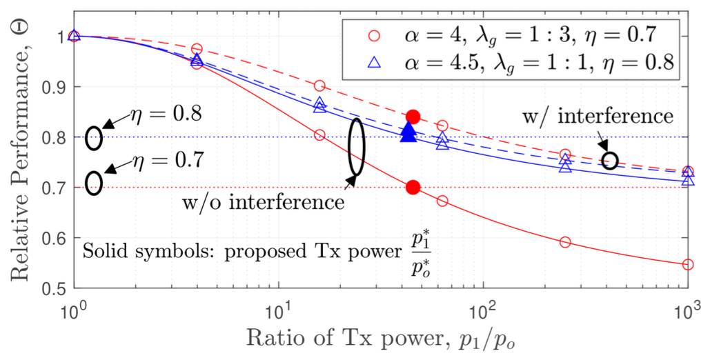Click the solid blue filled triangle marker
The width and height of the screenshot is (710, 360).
click(408, 131)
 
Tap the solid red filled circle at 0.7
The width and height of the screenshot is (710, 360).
click(413, 188)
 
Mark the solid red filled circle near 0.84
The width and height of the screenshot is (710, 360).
click(413, 117)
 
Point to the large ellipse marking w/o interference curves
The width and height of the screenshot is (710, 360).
click(356, 147)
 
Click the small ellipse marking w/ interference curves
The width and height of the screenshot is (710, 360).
click(609, 161)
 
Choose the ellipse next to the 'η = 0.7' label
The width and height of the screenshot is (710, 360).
click(94, 183)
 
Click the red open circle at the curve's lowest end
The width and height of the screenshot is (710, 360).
click(687, 265)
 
